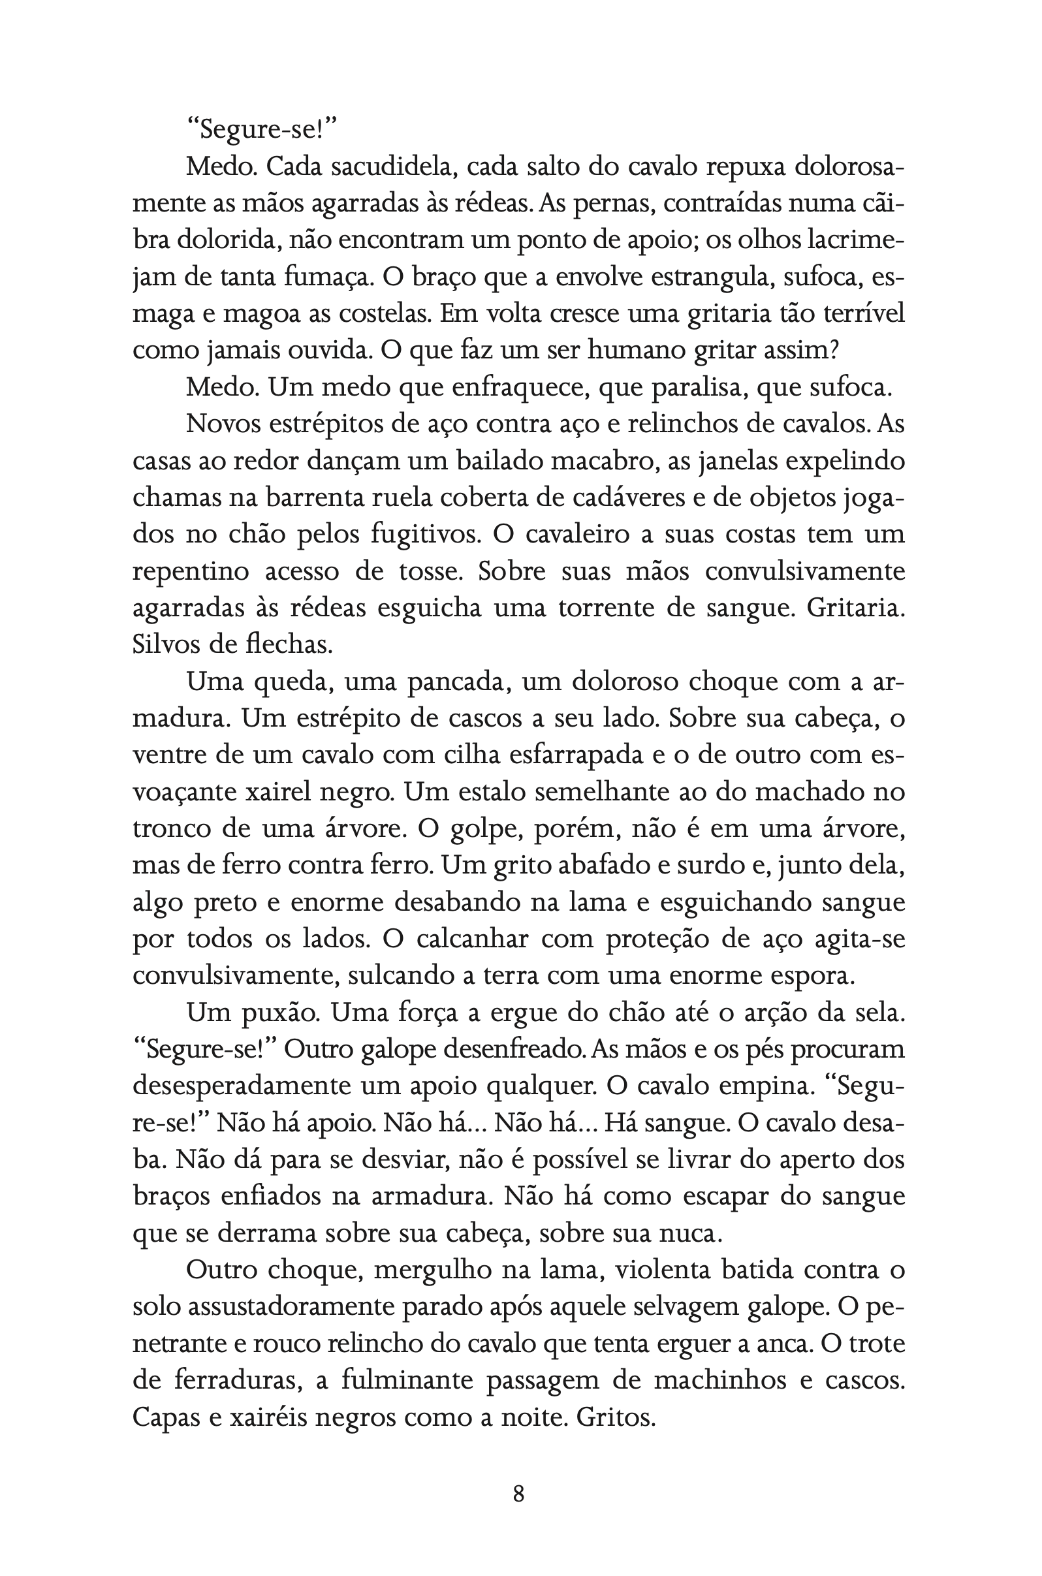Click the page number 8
(x=519, y=1494)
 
